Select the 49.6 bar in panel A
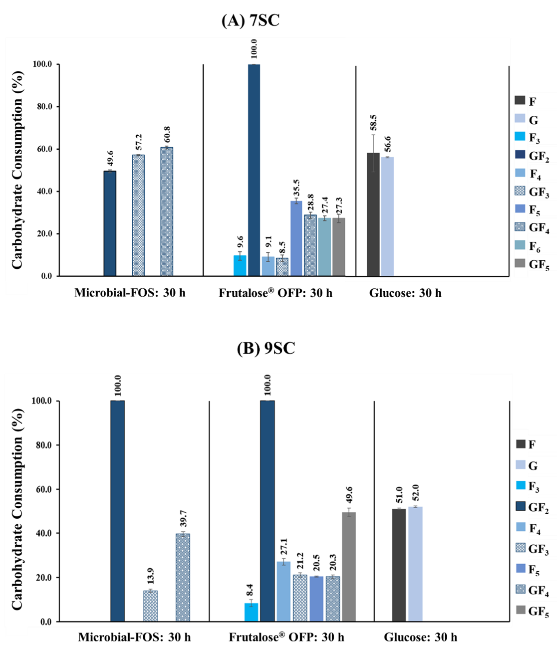pos(110,224)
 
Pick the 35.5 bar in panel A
pos(296,238)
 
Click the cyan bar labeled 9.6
pos(240,266)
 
